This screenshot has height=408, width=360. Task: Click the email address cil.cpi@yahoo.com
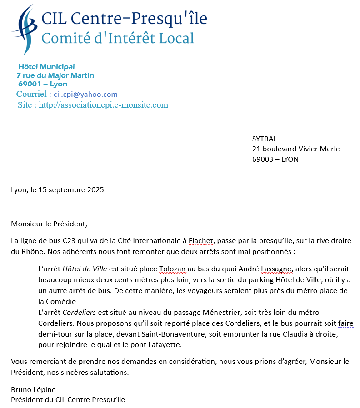[x=85, y=95]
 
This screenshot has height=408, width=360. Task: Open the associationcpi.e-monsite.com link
[x=104, y=105]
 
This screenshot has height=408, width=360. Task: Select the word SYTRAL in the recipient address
[x=265, y=139]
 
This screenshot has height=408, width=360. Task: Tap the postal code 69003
[x=263, y=159]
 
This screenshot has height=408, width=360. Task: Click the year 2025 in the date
[x=95, y=190]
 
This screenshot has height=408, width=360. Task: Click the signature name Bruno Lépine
[x=33, y=390]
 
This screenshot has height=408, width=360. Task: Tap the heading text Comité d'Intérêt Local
[x=118, y=38]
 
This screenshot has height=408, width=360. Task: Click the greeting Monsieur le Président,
[x=49, y=224]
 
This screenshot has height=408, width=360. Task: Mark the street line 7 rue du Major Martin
[x=55, y=75]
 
